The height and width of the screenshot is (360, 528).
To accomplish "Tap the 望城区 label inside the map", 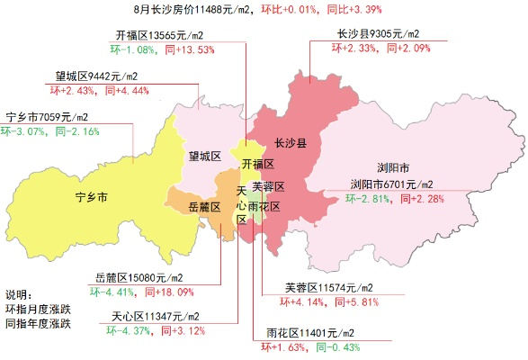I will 205,157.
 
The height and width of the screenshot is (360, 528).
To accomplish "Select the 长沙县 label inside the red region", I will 291,143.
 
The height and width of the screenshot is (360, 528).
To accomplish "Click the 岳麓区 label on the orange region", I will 204,207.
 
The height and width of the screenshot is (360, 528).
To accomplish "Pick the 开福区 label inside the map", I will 258,164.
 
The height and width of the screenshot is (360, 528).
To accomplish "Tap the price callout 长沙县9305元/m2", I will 378,34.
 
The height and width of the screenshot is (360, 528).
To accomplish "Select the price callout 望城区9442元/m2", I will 94,76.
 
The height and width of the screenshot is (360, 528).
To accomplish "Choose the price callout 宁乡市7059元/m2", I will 47,117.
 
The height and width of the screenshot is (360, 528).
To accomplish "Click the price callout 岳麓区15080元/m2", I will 139,277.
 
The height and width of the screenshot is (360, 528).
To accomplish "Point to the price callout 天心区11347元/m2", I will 156,317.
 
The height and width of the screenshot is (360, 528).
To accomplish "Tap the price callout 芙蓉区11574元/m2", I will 329,288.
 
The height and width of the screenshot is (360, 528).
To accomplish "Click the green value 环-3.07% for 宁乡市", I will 24,131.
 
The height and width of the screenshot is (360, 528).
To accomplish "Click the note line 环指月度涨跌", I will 38,309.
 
